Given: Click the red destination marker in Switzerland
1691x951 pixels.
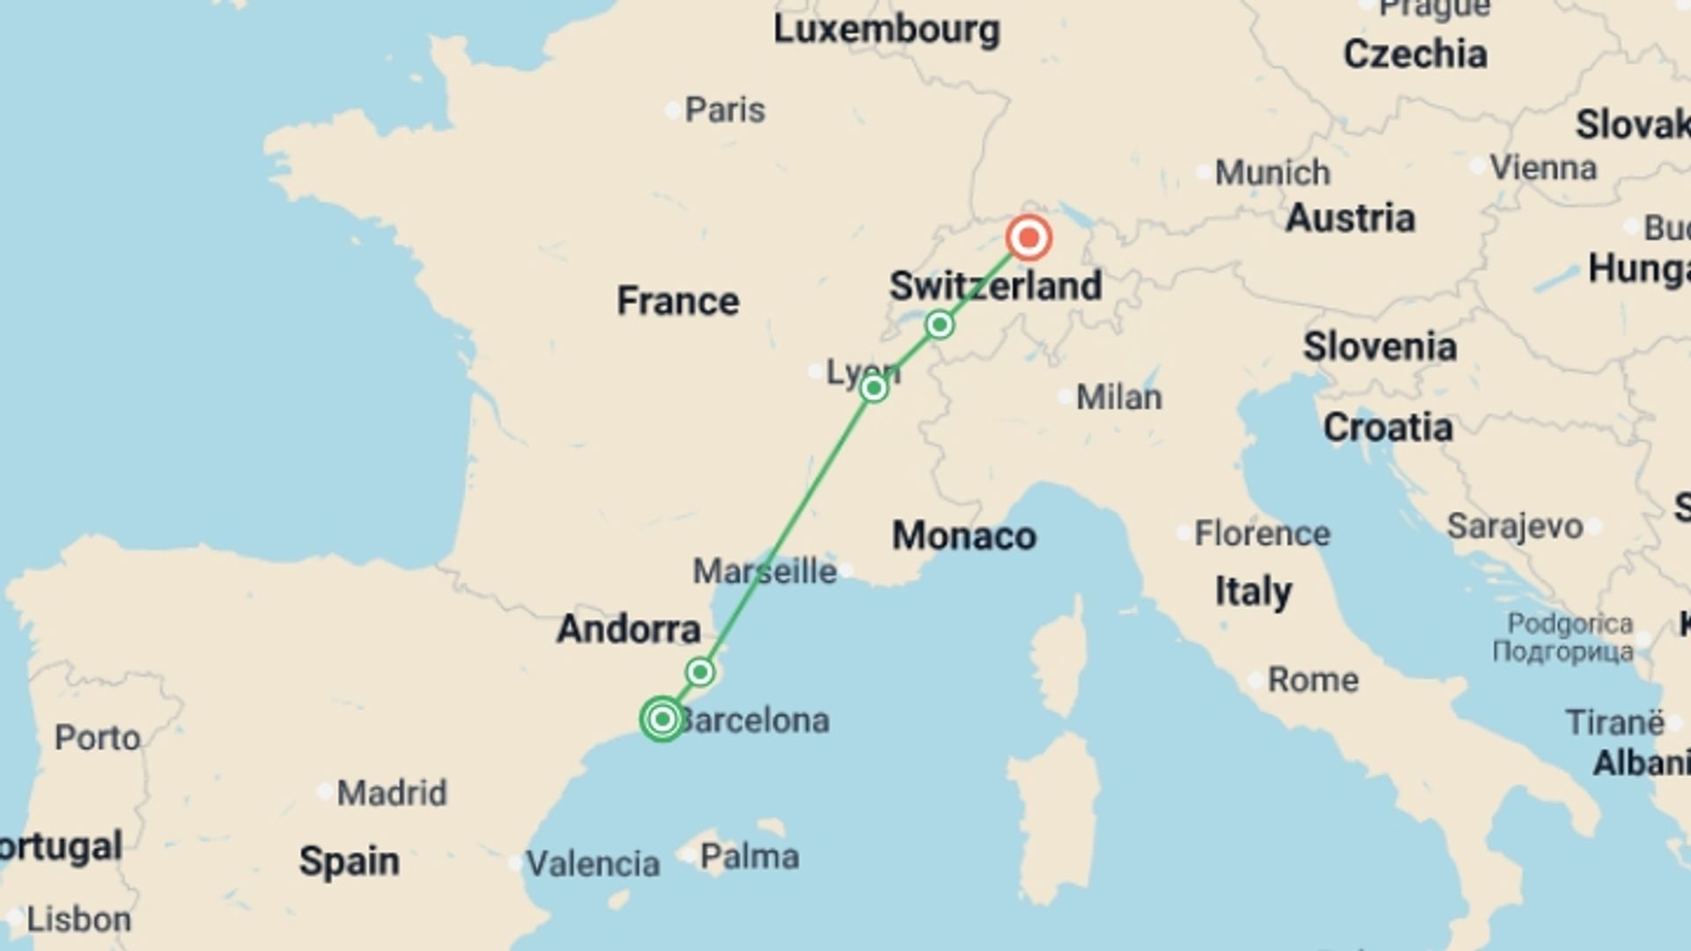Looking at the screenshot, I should [1029, 238].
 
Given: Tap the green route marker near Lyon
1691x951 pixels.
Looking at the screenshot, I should [874, 387].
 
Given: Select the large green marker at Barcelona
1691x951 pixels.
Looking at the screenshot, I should [662, 719].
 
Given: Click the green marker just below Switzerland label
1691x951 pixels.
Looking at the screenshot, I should [940, 325].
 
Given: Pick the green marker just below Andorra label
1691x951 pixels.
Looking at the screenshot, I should [700, 673].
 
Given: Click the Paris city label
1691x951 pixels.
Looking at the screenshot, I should [724, 110].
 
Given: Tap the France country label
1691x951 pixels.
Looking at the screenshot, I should [677, 301].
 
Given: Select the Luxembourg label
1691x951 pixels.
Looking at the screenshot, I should [886, 30].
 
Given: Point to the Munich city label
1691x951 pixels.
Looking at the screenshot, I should [1272, 173].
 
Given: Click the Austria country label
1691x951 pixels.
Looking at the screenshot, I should [1349, 218].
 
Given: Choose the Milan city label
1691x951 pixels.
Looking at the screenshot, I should [1119, 397].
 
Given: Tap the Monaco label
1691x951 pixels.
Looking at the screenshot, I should [964, 535].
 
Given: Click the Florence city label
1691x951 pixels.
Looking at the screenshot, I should [1261, 534].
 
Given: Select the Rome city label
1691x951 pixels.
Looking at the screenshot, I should [1312, 680].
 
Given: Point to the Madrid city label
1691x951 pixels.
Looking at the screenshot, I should [391, 793].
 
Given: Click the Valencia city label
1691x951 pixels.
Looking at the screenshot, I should [592, 864].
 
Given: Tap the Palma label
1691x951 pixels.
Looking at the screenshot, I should [749, 856].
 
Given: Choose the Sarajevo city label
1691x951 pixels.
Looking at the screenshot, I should [1515, 527].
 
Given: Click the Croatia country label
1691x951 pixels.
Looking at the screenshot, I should [1387, 428].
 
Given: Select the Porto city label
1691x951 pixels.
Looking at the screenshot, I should [97, 738].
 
